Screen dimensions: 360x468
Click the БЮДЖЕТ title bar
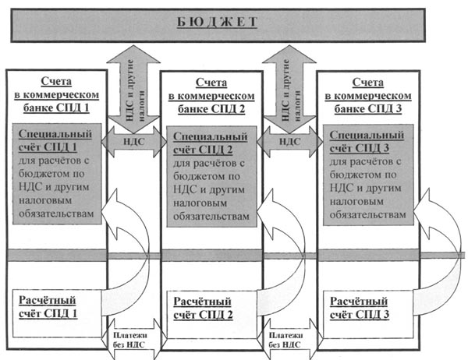pos(234,21)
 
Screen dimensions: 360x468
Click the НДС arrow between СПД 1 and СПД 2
pos(133,141)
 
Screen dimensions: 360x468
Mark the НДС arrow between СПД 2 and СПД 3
pos(289,141)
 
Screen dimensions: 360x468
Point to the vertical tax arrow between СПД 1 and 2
pos(133,82)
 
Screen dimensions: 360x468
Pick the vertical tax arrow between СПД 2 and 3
pos(289,82)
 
